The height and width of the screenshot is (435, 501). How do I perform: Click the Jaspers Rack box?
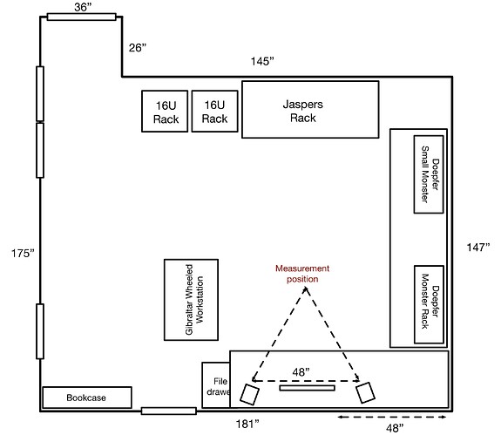(310, 110)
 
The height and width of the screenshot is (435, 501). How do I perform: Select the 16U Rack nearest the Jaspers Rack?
(214, 112)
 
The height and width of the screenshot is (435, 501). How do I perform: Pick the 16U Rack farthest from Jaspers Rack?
(165, 112)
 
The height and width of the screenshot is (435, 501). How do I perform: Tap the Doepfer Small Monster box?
(429, 174)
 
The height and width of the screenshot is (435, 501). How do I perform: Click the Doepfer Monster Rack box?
(429, 304)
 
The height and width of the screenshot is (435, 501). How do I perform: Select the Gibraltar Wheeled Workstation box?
(191, 300)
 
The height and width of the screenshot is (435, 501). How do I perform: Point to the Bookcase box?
(87, 398)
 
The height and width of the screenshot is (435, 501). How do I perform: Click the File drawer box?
(216, 384)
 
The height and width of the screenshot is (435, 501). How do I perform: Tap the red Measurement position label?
(302, 274)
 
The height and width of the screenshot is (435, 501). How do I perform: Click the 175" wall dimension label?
(23, 253)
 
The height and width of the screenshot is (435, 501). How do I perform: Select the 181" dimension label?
(247, 424)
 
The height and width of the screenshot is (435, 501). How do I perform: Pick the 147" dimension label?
(478, 247)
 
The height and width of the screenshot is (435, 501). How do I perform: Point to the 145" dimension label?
(262, 61)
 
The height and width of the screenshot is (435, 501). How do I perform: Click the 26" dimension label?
(138, 48)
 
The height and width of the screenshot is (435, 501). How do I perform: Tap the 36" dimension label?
(83, 7)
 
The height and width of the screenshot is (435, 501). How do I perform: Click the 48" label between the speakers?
(301, 372)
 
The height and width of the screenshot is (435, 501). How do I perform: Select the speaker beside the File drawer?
(249, 395)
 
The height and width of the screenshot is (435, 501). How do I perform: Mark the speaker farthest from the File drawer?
(366, 392)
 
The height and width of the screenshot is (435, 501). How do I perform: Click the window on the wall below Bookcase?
(169, 411)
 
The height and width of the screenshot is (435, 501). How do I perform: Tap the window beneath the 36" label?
(82, 17)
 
